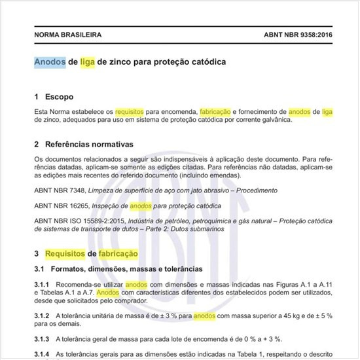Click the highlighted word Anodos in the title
(x=50, y=62)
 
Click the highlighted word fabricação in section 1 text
(x=216, y=112)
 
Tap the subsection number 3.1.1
(x=43, y=285)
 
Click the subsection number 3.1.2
(x=43, y=315)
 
